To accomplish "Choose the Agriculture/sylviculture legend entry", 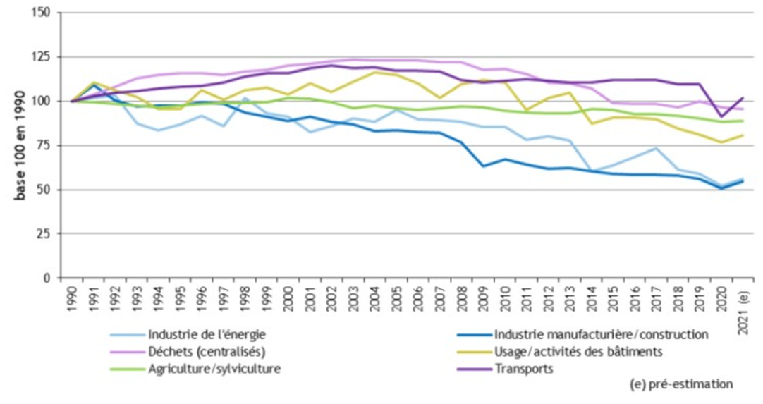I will pos(214,368).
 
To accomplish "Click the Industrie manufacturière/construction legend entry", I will pos(601,334).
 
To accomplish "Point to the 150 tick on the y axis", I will pos(41,13).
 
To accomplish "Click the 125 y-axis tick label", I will pos(41,57).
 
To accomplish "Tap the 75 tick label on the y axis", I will pos(44,146).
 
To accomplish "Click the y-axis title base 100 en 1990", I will pos(20,145).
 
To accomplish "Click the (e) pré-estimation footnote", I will pos(680,384).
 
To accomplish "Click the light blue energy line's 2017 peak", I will pos(656,148).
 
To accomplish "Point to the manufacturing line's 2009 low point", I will pos(482,166).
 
